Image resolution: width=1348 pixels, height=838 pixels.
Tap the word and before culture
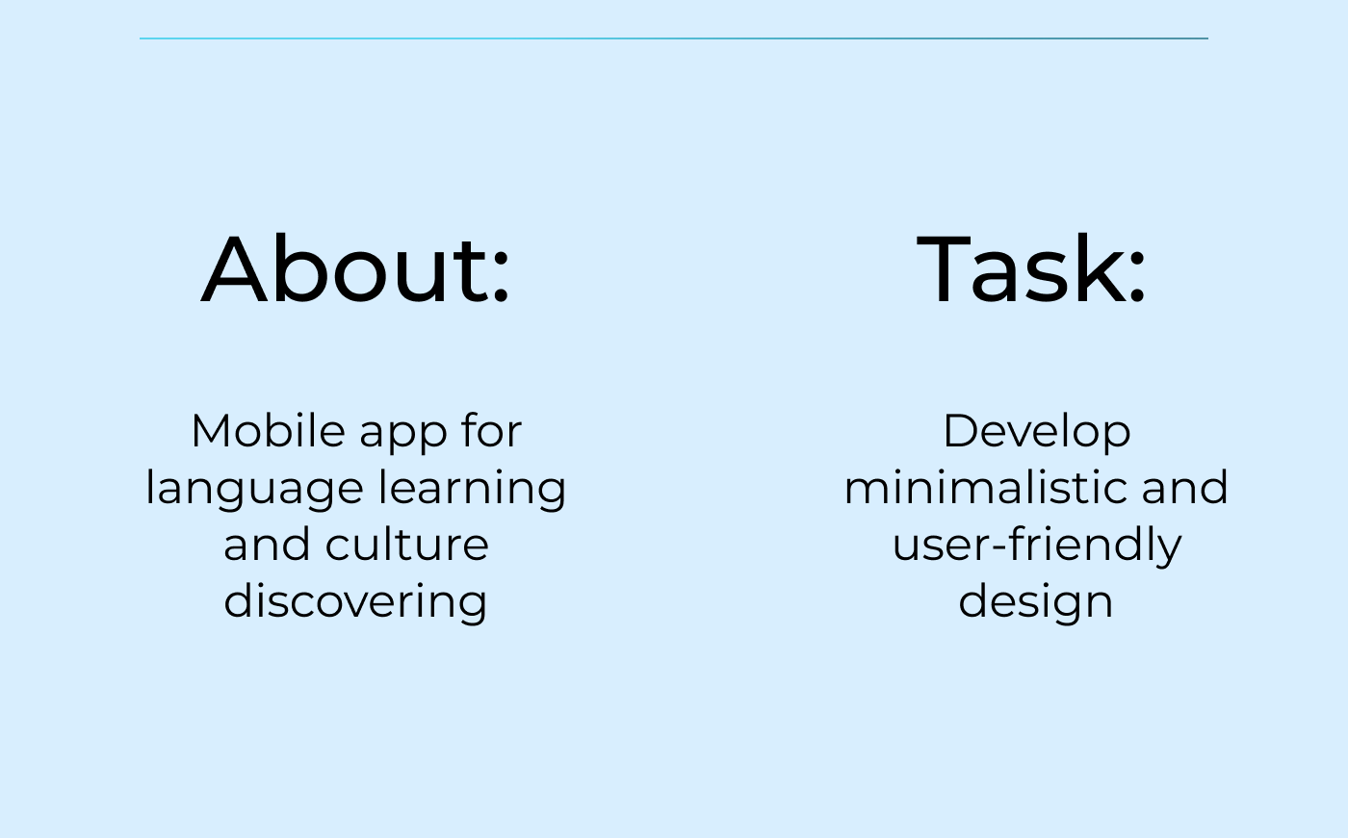(x=267, y=544)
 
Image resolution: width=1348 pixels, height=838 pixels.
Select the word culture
(x=406, y=544)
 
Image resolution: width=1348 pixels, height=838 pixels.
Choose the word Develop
(x=1037, y=433)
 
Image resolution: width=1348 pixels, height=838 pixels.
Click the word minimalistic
(x=985, y=487)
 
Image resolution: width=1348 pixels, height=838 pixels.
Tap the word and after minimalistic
(x=1184, y=487)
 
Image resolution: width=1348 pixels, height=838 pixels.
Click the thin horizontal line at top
(x=674, y=38)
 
